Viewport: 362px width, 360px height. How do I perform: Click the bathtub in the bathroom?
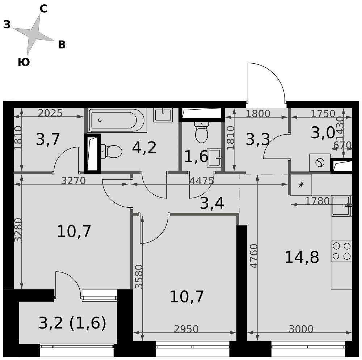[x=117, y=120]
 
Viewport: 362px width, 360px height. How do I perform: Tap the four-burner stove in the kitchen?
[x=341, y=251]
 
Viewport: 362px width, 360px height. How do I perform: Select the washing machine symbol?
[x=320, y=162]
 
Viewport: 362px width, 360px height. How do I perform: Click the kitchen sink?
[x=341, y=206]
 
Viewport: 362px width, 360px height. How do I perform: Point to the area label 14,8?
[x=302, y=257]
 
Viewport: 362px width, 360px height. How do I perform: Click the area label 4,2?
[x=144, y=148]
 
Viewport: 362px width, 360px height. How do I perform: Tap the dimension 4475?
[x=202, y=181]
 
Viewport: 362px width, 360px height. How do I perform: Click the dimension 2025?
[x=50, y=113]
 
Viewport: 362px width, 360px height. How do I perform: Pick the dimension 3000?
[x=301, y=329]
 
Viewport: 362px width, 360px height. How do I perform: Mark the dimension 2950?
[x=186, y=329]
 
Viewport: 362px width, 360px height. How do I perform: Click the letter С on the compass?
[x=43, y=9]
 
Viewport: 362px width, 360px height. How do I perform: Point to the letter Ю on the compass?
[x=24, y=62]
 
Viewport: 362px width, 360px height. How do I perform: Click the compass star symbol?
[x=34, y=35]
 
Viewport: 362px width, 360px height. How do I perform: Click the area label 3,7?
[x=48, y=139]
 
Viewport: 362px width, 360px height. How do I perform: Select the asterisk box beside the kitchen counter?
[x=301, y=185]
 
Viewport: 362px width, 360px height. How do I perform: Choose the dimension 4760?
[x=254, y=256]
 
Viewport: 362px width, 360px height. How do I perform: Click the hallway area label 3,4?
[x=212, y=203]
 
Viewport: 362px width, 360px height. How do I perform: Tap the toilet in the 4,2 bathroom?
[x=111, y=152]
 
